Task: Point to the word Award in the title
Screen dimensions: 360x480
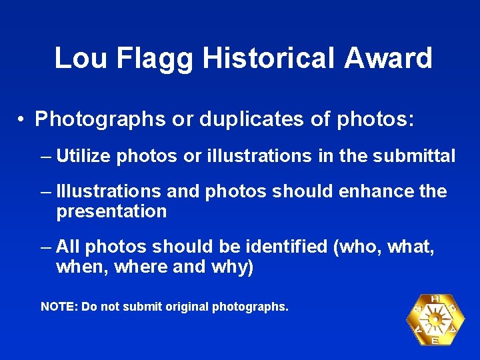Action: pos(389,58)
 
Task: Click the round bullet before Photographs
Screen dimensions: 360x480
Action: pos(22,120)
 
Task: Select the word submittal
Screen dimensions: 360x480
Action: pos(416,157)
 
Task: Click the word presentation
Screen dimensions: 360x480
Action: pos(111,212)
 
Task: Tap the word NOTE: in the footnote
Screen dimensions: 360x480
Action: pos(59,307)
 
